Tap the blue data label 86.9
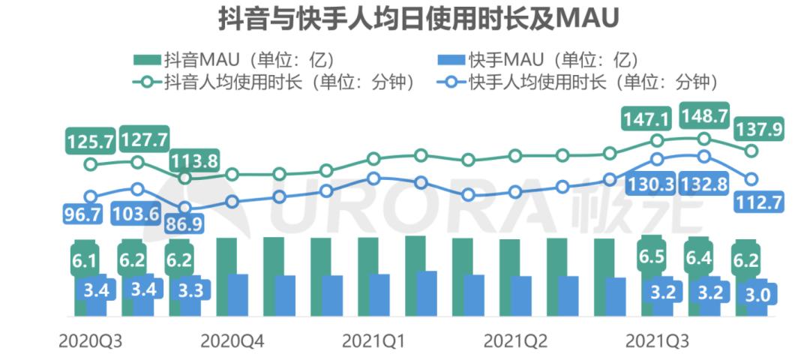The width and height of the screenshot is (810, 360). (187, 223)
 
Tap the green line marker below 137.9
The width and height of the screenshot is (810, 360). (751, 151)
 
